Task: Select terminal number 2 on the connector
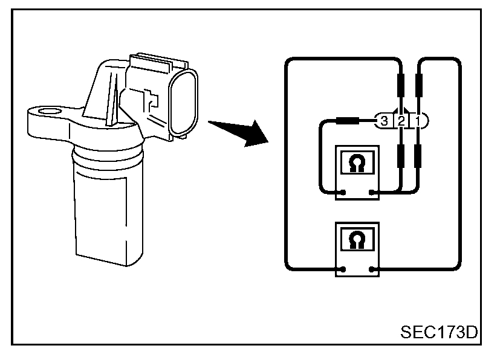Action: [x=401, y=121]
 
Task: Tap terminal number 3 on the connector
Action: [x=384, y=121]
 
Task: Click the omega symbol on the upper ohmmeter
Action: [x=357, y=164]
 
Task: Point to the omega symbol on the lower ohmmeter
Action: [x=357, y=239]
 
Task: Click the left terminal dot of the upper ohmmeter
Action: [x=343, y=194]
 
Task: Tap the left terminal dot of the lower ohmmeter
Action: [x=343, y=269]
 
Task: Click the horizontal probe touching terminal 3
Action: [x=348, y=120]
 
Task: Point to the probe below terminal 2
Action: [x=400, y=156]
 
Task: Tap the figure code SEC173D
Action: [x=438, y=332]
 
